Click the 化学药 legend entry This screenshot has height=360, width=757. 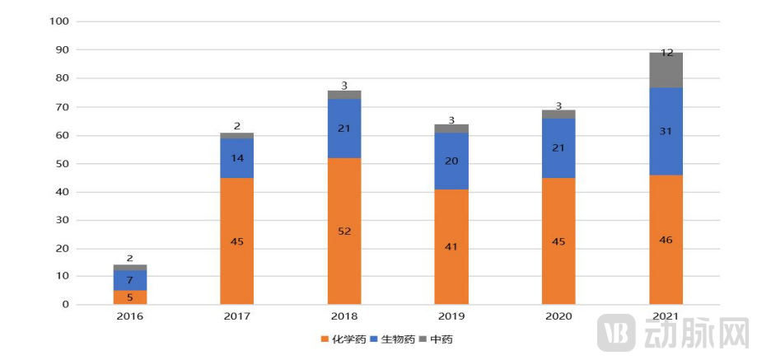[x=343, y=339]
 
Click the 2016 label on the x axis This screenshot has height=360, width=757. [x=130, y=316]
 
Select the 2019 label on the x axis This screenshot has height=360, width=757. [x=451, y=316]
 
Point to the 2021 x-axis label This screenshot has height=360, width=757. [x=666, y=316]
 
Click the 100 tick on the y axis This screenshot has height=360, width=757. [x=59, y=21]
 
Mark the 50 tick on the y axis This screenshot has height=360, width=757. [x=62, y=163]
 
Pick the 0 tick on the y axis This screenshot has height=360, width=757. [x=65, y=305]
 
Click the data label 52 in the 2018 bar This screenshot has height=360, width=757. [x=344, y=231]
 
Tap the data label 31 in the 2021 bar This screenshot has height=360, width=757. [x=666, y=131]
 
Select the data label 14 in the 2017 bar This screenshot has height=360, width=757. [x=237, y=157]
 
